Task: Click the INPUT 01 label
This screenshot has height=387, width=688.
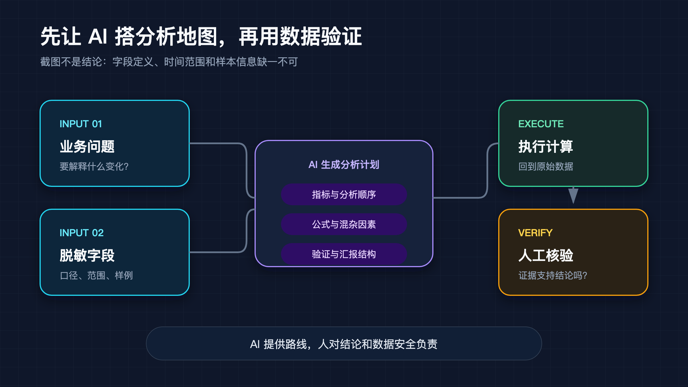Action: click(x=81, y=124)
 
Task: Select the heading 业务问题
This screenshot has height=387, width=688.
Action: click(x=87, y=146)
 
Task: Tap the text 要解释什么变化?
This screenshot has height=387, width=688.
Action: click(x=94, y=166)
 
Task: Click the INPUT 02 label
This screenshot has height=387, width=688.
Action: click(x=82, y=233)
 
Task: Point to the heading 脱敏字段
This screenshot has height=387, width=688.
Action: click(x=87, y=255)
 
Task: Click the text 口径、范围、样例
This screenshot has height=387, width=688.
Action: click(x=96, y=275)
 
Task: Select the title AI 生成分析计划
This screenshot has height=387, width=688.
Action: click(x=344, y=165)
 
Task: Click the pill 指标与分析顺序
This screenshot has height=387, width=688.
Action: click(x=344, y=194)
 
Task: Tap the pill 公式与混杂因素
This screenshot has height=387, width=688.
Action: click(x=344, y=224)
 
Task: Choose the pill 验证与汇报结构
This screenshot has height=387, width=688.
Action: click(x=344, y=254)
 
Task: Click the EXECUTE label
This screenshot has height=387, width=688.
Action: click(x=541, y=124)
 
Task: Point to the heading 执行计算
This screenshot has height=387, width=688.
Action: click(x=546, y=146)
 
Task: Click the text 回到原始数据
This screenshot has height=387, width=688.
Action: click(x=546, y=166)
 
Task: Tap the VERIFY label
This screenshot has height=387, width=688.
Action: click(x=535, y=233)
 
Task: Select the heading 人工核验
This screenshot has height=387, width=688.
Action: click(x=546, y=255)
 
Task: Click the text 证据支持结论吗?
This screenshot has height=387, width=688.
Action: click(x=553, y=275)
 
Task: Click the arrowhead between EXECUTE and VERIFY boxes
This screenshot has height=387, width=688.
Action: click(x=573, y=196)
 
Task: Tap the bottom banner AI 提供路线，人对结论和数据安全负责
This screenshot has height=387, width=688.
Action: click(x=344, y=343)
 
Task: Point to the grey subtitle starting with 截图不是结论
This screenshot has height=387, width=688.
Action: click(x=169, y=62)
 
